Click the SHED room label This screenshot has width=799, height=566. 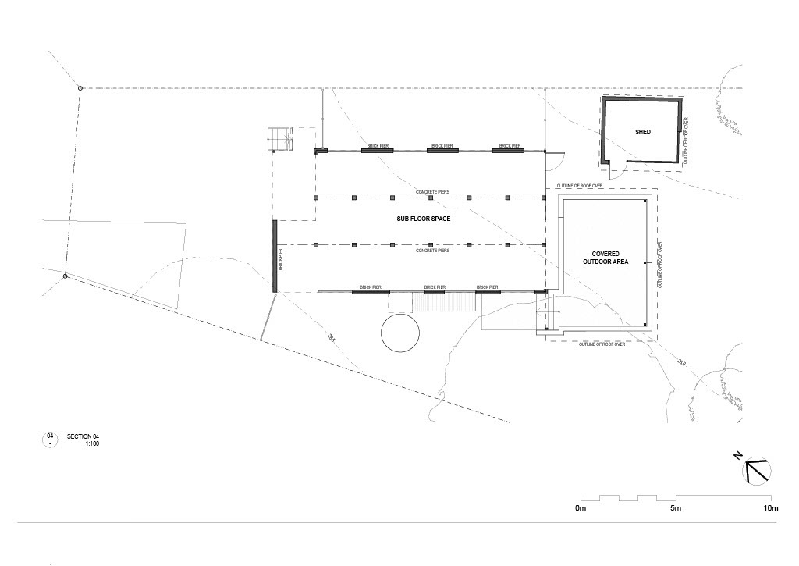tap(642, 132)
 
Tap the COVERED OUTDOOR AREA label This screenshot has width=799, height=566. tap(605, 258)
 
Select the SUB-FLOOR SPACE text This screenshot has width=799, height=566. tap(424, 219)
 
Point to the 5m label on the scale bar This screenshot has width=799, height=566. tap(676, 509)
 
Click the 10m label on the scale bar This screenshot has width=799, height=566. tap(770, 509)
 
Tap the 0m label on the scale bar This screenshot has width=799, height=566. tap(580, 509)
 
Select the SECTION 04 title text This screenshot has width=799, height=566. tap(83, 436)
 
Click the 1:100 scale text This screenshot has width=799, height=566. tap(93, 443)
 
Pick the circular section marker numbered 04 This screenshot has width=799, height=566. tap(51, 440)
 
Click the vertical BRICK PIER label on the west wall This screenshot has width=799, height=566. tap(281, 258)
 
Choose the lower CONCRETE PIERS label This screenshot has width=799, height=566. tap(431, 251)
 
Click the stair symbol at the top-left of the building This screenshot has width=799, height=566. tap(279, 141)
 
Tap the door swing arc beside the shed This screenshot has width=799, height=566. tap(554, 159)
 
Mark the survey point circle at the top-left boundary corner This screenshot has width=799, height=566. tap(80, 88)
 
